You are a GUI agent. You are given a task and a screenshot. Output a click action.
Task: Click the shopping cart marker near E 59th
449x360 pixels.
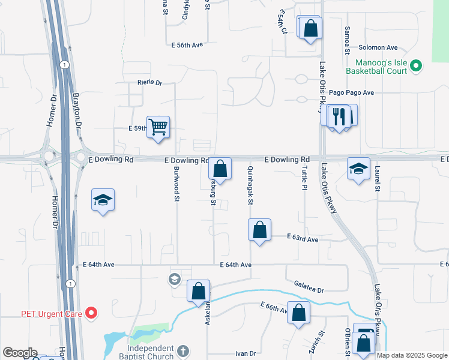click(x=158, y=128)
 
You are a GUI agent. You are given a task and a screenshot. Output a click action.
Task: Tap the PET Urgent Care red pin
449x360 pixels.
click(x=91, y=313)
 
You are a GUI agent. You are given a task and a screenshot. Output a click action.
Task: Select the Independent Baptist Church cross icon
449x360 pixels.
click(x=184, y=350)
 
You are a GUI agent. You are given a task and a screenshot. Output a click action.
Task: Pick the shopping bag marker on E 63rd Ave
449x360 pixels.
click(x=259, y=230)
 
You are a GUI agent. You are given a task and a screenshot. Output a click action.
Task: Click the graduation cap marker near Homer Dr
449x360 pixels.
click(x=103, y=200)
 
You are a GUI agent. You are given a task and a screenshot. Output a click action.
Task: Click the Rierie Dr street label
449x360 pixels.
click(x=149, y=82)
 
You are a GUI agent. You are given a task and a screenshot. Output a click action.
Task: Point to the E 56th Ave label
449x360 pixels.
click(x=187, y=45)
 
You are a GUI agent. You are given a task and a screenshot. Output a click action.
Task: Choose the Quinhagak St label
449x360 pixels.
click(x=249, y=185)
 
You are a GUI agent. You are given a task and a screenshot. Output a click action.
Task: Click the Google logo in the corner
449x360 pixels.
click(x=20, y=353)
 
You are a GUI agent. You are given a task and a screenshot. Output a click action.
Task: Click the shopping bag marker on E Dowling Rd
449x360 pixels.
click(x=220, y=169)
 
